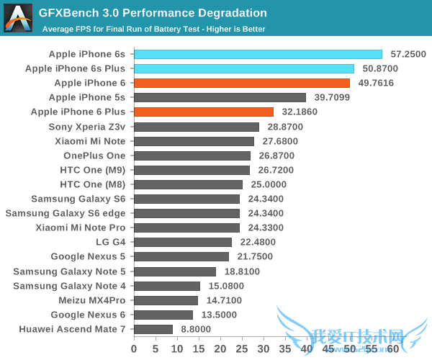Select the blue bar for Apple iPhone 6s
pos(258,54)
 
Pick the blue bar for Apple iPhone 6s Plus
pos(244,68)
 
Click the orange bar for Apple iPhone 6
pos(241,83)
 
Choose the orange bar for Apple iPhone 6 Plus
pos(204,112)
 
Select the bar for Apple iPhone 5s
pos(220,97)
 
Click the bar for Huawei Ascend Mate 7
pos(153,329)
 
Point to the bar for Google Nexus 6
pos(163,315)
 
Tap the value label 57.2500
pos(408,54)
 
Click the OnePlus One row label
pos(94,156)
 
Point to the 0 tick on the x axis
pos(134,348)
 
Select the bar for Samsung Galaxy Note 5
pos(175,271)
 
